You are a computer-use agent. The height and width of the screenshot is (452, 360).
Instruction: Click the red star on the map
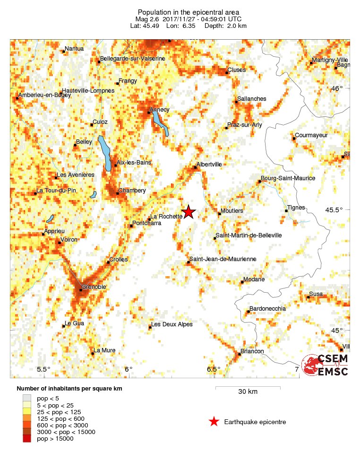(189, 211)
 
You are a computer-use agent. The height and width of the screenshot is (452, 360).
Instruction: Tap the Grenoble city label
(94, 287)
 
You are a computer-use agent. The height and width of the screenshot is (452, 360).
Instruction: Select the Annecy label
(159, 110)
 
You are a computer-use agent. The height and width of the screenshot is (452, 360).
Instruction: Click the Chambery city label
(132, 191)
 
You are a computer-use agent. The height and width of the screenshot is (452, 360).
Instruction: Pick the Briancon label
(252, 351)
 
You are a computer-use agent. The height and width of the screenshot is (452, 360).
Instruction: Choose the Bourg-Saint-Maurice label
(288, 178)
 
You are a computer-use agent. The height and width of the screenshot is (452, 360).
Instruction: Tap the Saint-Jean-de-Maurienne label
(223, 259)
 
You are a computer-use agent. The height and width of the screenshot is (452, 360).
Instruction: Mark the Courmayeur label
(311, 135)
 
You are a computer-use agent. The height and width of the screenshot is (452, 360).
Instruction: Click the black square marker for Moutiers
(219, 214)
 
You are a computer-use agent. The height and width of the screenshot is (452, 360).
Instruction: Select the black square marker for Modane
(242, 282)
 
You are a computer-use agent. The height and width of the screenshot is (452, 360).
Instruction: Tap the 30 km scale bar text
(248, 391)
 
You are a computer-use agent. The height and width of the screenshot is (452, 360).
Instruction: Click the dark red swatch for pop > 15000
(27, 439)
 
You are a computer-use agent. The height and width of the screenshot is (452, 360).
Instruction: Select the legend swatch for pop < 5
(27, 399)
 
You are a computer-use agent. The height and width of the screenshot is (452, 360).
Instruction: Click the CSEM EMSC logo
(326, 365)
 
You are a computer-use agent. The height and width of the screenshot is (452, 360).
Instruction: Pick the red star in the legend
(214, 421)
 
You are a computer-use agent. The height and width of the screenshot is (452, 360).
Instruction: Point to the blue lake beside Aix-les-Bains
(104, 151)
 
